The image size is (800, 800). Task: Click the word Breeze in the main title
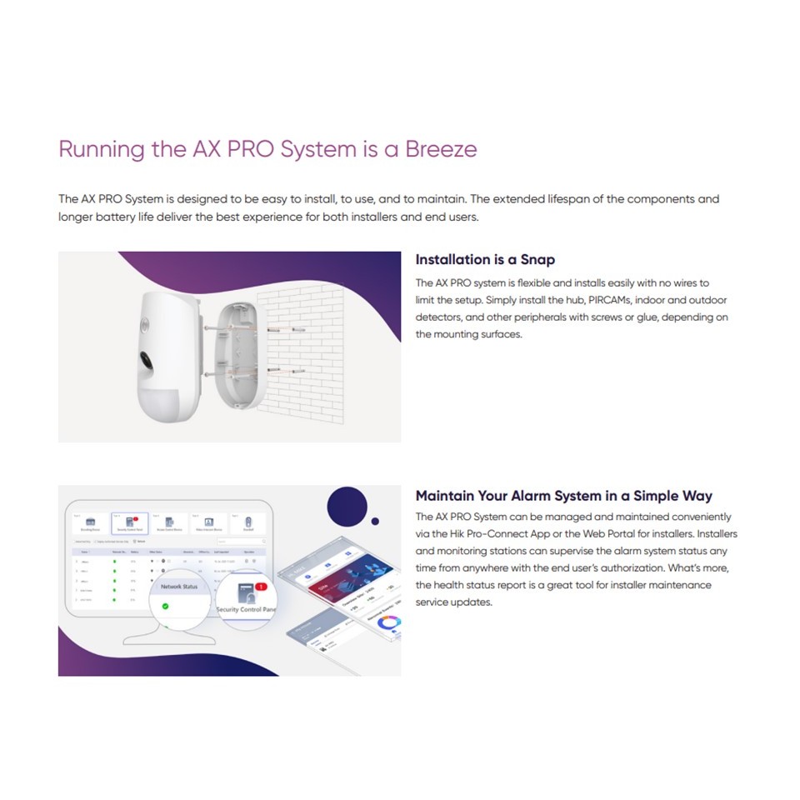click(441, 150)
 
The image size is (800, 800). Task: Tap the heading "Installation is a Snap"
click(485, 260)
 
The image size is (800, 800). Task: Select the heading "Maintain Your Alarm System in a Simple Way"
click(564, 496)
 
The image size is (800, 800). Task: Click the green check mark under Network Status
click(165, 606)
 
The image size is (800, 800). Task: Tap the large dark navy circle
click(347, 504)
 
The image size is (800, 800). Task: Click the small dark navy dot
click(375, 522)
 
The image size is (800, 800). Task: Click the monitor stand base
click(167, 640)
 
